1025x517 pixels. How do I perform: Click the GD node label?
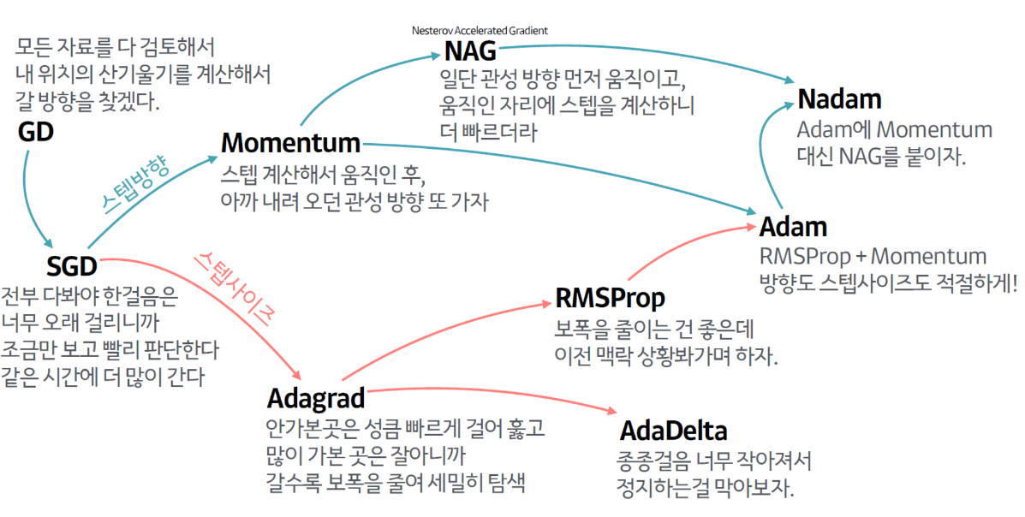click(35, 133)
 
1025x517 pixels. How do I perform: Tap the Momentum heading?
click(290, 142)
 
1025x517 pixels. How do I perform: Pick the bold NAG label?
click(470, 51)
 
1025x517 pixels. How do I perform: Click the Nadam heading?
click(839, 99)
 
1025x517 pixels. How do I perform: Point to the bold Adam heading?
click(793, 228)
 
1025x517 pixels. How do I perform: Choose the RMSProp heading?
click(610, 298)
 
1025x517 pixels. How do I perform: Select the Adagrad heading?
click(316, 398)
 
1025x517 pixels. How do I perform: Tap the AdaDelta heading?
click(673, 428)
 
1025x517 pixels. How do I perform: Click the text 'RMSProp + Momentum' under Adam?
click(873, 256)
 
